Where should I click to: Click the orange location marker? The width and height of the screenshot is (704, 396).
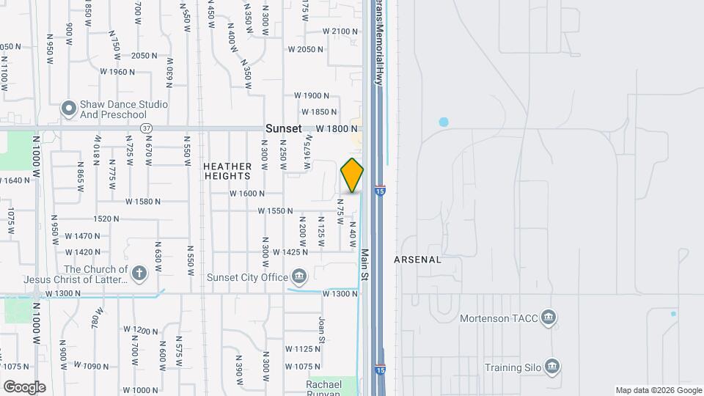(352, 176)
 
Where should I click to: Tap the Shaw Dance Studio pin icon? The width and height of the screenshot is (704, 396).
(69, 109)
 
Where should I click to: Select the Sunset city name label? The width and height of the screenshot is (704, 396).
(283, 128)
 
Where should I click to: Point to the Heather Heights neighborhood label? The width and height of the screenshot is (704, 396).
(227, 171)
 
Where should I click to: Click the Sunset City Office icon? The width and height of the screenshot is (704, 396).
(299, 276)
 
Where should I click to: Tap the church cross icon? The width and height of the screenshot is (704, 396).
(138, 274)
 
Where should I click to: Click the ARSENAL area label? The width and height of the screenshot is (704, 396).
(417, 260)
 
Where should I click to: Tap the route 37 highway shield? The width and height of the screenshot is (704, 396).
(147, 128)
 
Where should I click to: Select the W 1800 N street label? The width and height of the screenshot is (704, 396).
(337, 128)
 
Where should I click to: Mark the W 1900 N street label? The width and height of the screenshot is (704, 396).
(312, 95)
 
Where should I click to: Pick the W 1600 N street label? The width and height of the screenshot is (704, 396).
(246, 194)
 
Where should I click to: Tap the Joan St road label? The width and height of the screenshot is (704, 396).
(321, 331)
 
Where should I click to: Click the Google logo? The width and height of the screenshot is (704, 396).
(24, 386)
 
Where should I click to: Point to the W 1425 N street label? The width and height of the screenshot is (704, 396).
(290, 252)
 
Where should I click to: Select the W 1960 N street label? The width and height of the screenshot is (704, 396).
(117, 72)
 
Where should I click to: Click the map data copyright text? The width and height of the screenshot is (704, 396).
(658, 390)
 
